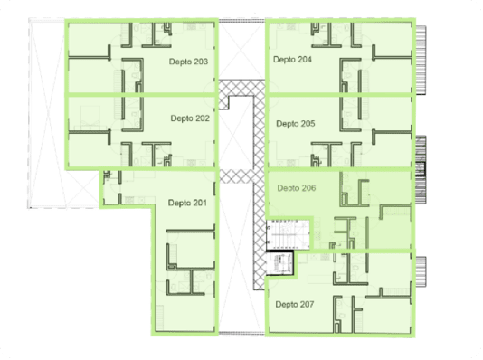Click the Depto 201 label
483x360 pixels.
point(187,203)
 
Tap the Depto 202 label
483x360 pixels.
point(190,118)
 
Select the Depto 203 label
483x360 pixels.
point(188,62)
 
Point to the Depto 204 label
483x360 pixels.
point(292,59)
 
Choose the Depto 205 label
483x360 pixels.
point(296,124)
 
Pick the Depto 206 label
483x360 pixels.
point(297,188)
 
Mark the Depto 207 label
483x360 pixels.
point(295,304)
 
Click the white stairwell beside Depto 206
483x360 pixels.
point(288,234)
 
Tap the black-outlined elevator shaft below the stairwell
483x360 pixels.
point(279,262)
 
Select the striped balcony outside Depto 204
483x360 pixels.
point(421,59)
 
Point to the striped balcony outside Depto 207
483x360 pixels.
point(421,271)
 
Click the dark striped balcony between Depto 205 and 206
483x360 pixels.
point(421,169)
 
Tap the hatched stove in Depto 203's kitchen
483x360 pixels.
point(191,27)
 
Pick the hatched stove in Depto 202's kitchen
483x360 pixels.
point(191,162)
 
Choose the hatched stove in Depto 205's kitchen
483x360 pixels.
point(291,163)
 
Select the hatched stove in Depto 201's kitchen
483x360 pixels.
point(129,200)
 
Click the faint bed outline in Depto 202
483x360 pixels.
point(90,117)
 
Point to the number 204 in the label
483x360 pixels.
point(304,59)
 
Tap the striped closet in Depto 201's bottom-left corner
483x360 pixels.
point(159,317)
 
